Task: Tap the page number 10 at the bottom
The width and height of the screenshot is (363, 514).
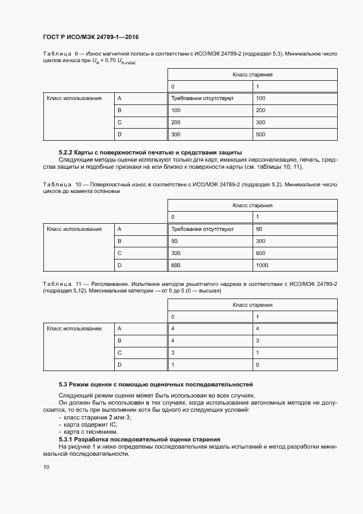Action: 46,467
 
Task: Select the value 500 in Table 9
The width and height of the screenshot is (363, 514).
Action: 260,134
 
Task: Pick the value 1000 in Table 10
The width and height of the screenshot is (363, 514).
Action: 262,266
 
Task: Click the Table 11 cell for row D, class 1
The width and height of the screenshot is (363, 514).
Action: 258,364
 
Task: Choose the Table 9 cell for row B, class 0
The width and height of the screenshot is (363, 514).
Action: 176,110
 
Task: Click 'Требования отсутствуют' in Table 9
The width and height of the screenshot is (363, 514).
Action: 203,98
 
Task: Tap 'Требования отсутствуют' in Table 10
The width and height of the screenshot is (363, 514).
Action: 203,229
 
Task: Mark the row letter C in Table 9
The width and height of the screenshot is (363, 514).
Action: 119,122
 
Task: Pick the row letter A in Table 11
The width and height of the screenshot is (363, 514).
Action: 119,328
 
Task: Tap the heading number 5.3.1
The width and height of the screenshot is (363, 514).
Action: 66,439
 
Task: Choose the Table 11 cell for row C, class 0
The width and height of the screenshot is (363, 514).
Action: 174,352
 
